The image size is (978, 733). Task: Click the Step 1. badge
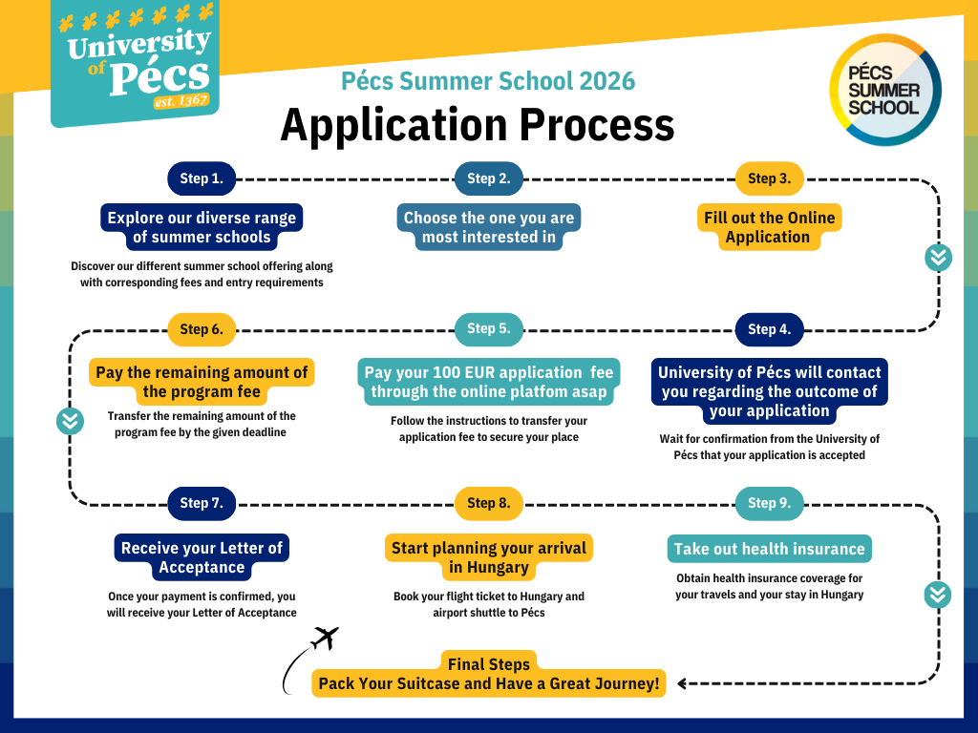[x=202, y=178]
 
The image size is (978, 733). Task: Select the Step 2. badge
[x=488, y=178]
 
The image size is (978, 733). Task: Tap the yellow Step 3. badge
[x=769, y=178]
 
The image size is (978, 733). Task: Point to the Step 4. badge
[x=769, y=329]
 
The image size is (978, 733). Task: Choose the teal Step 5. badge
[x=488, y=329]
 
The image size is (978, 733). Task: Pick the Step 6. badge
[x=202, y=329]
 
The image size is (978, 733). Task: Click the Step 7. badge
[x=202, y=504]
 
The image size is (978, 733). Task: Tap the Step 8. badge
[x=488, y=504]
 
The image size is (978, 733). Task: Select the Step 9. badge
[x=769, y=504]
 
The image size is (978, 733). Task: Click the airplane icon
[x=325, y=639]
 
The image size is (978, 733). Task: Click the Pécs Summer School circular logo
[x=885, y=90]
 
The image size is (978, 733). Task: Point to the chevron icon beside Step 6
[x=70, y=421]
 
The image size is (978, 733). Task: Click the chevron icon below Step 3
[x=938, y=258]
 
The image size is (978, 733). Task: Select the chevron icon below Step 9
[x=938, y=595]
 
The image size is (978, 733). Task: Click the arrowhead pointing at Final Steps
[x=682, y=683]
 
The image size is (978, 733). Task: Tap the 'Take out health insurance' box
[x=769, y=549]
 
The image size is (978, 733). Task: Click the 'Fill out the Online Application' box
[x=769, y=227]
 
